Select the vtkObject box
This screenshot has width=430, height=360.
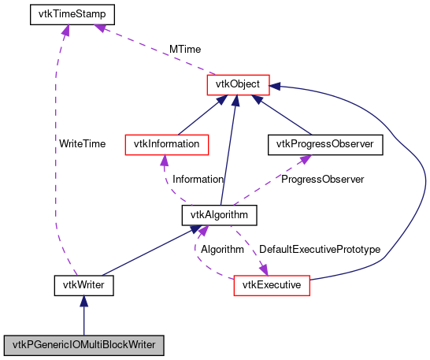tap(239, 83)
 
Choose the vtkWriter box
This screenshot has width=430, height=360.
tap(84, 284)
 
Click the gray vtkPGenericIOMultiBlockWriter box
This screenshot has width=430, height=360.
tap(84, 345)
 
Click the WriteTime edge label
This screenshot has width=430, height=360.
tap(82, 144)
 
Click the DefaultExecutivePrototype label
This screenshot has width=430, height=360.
tap(320, 249)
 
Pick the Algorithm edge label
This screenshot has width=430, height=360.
tap(221, 249)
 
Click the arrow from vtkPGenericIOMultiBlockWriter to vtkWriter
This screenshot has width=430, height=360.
tap(84, 315)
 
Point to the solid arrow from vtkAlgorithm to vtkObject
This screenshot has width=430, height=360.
tap(228, 150)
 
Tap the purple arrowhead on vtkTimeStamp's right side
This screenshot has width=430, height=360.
tap(101, 28)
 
